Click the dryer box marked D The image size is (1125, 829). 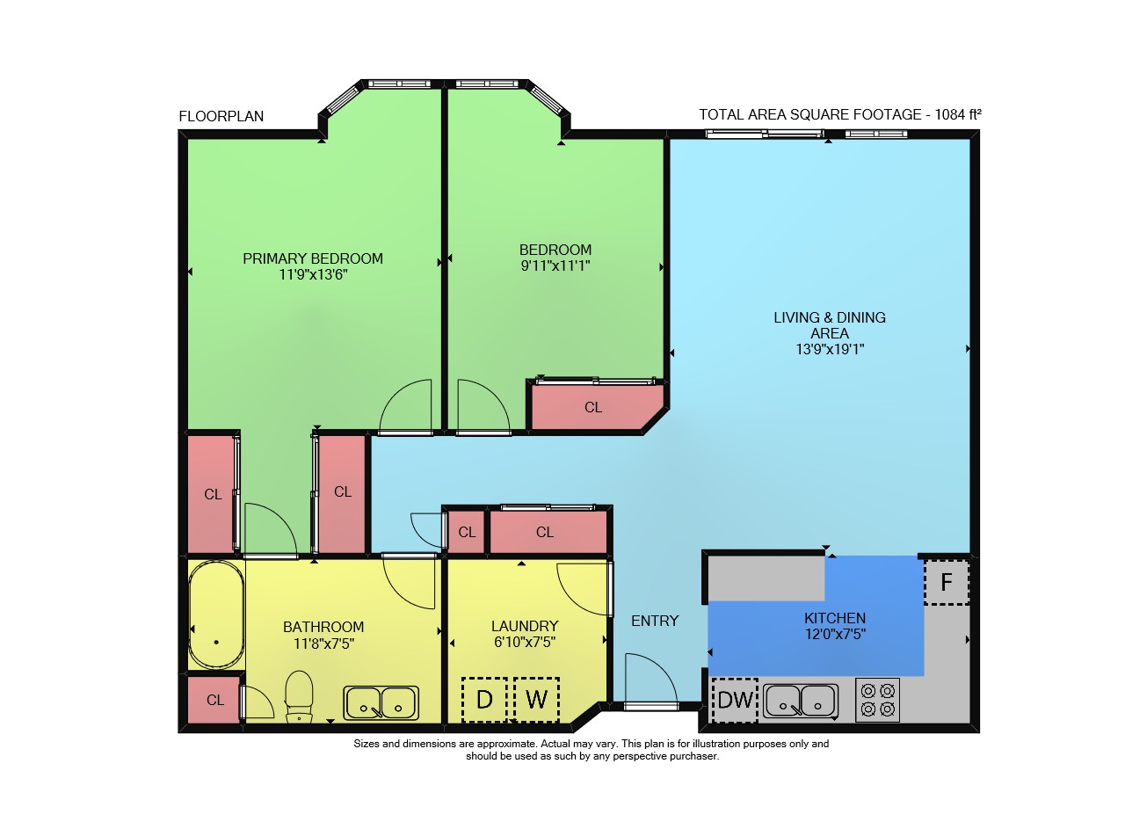pyautogui.click(x=484, y=700)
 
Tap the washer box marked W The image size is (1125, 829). pyautogui.click(x=536, y=700)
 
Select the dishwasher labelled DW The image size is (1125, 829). pyautogui.click(x=735, y=700)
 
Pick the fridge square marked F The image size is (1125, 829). pyautogui.click(x=947, y=582)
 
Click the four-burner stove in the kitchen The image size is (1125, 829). pyautogui.click(x=877, y=700)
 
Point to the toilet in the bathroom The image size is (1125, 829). pyautogui.click(x=299, y=696)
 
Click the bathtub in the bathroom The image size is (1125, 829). pyautogui.click(x=216, y=615)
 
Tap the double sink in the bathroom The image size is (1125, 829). pyautogui.click(x=381, y=703)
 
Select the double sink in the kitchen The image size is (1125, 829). pyautogui.click(x=801, y=701)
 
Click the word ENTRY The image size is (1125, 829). pyautogui.click(x=655, y=621)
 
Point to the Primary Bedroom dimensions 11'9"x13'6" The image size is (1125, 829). pyautogui.click(x=314, y=274)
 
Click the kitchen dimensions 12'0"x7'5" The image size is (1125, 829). pyautogui.click(x=835, y=634)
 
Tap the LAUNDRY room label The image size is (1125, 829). pyautogui.click(x=525, y=626)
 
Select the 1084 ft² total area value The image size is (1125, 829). pyautogui.click(x=958, y=114)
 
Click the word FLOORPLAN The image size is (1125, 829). pyautogui.click(x=221, y=117)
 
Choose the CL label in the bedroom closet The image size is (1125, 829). pyautogui.click(x=593, y=407)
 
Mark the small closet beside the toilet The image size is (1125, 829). pyautogui.click(x=214, y=700)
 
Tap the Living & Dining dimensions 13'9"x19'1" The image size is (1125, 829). pyautogui.click(x=830, y=349)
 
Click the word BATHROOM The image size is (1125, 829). pyautogui.click(x=323, y=627)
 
